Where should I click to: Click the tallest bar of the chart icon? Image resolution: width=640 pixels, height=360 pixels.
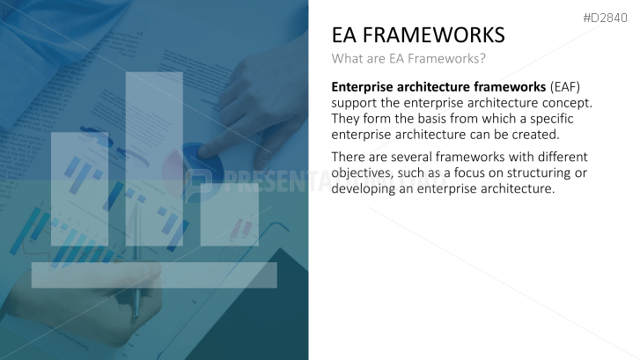click(x=154, y=158)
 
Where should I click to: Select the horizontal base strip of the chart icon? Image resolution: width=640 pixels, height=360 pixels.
click(x=154, y=275)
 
